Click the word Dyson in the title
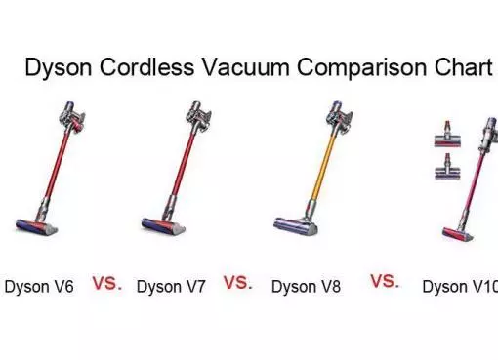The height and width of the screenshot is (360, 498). (59, 68)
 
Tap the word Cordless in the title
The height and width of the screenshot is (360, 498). (146, 67)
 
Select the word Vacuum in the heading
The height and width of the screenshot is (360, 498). (246, 67)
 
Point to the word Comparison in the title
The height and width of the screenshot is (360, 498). (361, 68)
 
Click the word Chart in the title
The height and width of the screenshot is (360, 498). (463, 67)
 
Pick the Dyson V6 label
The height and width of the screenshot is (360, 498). (39, 287)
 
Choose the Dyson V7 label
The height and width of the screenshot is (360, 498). (171, 287)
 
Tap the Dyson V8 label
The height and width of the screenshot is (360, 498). (306, 287)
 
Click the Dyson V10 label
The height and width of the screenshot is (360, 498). (460, 287)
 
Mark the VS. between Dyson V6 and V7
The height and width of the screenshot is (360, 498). (107, 283)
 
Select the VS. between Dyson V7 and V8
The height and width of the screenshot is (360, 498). (237, 282)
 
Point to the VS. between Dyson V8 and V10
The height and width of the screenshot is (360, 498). (385, 281)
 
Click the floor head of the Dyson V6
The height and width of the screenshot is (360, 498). (37, 226)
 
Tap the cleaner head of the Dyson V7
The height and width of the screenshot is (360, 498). (163, 225)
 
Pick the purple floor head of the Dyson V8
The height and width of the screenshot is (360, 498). (296, 225)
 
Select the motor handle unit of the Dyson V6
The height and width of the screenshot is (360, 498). (72, 117)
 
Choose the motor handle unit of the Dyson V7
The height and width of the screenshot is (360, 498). (198, 116)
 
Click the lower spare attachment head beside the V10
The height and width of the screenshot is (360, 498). (448, 167)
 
